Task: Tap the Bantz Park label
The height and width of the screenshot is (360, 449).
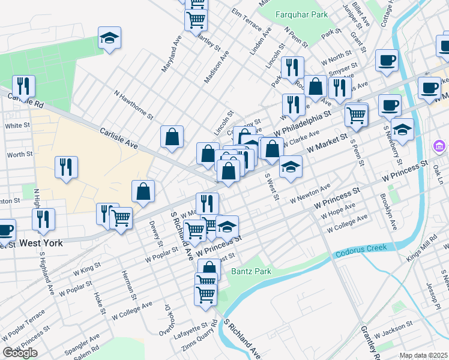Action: tap(251, 272)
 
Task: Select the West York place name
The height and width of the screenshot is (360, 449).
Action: tap(43, 244)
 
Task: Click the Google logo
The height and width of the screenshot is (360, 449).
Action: tap(20, 353)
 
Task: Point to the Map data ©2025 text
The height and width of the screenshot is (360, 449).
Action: tap(423, 355)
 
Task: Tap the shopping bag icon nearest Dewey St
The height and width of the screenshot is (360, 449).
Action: tap(144, 192)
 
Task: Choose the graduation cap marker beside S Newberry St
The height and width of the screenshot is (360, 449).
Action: tap(402, 128)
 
